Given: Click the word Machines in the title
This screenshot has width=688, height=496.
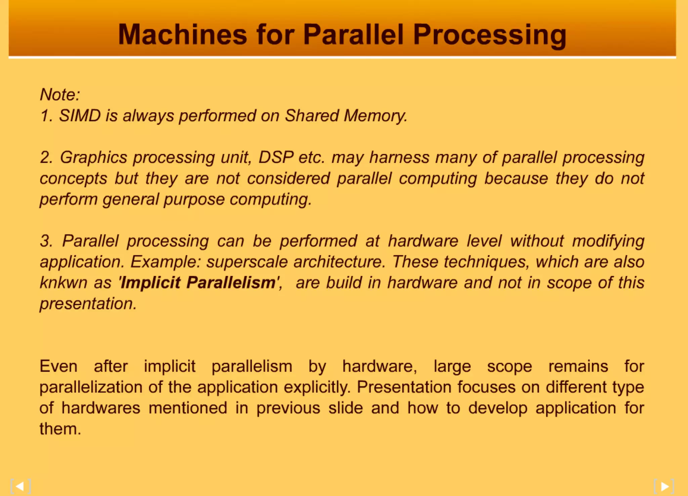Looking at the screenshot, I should click(x=182, y=34).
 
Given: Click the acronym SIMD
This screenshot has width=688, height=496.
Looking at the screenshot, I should click(x=80, y=116).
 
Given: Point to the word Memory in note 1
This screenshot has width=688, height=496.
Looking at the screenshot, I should click(x=375, y=116).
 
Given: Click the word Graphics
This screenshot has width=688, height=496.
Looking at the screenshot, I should click(x=94, y=157).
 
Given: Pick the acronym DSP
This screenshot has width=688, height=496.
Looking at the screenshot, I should click(x=276, y=157).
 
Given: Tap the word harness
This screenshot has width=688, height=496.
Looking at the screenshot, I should click(x=399, y=157).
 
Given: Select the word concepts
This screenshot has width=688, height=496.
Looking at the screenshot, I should click(x=73, y=179).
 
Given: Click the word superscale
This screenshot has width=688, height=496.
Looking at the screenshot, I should click(x=247, y=262).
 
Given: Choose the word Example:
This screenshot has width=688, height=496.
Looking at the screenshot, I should click(x=166, y=262).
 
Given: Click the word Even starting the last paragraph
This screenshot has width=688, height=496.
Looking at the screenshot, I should click(x=58, y=366).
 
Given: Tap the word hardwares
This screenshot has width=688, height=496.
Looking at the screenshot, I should click(x=101, y=408).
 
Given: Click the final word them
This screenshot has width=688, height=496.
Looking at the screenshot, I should click(x=60, y=429).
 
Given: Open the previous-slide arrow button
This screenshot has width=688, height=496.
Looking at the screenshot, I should click(x=20, y=486).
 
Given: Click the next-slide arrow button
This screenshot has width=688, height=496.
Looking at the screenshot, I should click(x=664, y=486).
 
